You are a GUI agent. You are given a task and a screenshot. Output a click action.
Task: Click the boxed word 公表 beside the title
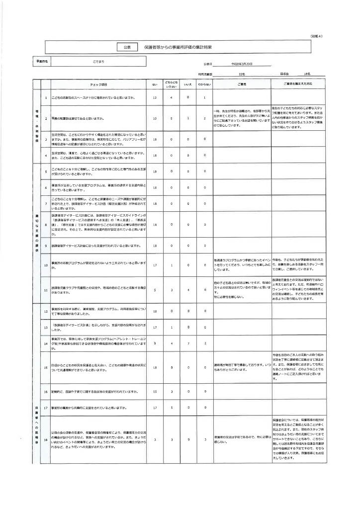[x=127, y=47]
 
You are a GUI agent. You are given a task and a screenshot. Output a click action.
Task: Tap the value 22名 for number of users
[x=242, y=74]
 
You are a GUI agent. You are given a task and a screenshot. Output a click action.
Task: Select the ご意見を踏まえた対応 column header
[x=298, y=84]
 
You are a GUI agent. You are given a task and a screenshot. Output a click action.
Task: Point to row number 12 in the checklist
[x=46, y=312]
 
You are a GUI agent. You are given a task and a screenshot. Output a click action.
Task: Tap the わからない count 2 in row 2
[x=204, y=119]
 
